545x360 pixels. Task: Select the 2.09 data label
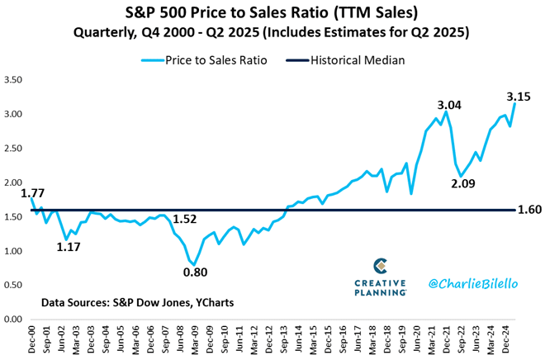pyautogui.click(x=466, y=182)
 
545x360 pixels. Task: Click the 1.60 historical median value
pyautogui.click(x=529, y=210)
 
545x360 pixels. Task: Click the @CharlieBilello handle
pyautogui.click(x=472, y=283)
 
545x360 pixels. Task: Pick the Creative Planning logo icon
pyautogui.click(x=381, y=266)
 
